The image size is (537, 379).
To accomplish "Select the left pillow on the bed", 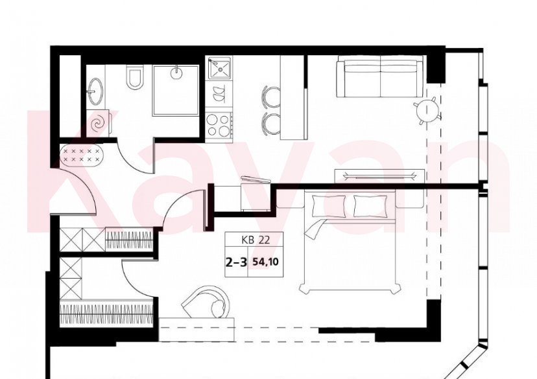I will pos(324,206).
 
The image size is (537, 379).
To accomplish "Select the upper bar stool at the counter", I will pos(271,97).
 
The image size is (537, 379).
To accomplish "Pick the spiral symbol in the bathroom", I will pos(99,124).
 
